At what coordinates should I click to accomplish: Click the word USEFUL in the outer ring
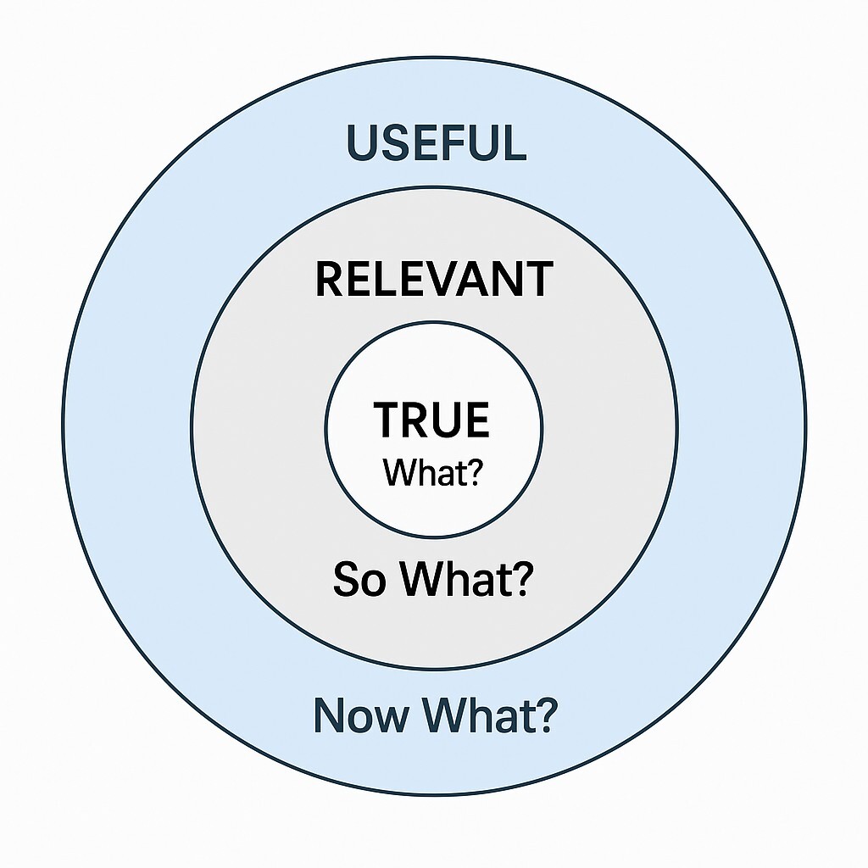437,142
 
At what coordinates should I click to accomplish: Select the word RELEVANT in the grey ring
433,280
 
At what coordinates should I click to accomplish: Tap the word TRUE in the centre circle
432,420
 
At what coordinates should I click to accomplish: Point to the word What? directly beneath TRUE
432,473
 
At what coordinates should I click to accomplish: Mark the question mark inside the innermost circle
473,473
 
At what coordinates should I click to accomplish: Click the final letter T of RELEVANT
538,280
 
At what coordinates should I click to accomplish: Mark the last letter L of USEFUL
514,142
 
